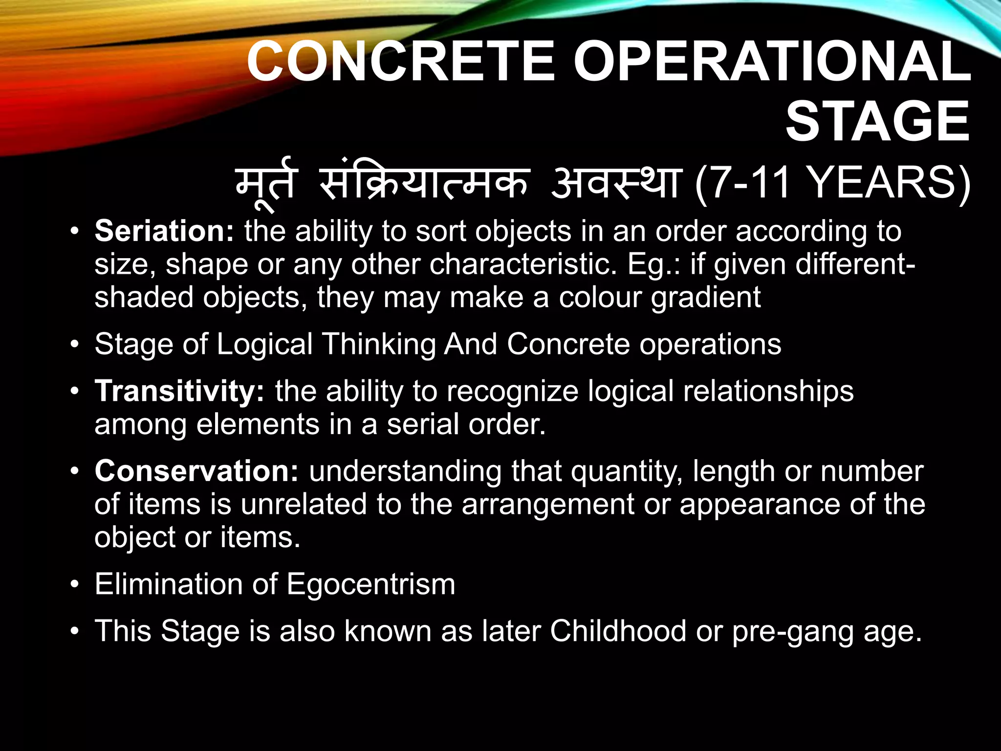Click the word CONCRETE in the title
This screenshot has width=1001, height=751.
pyautogui.click(x=401, y=62)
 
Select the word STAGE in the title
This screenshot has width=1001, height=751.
pyautogui.click(x=877, y=122)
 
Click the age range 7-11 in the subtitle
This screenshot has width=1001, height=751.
pyautogui.click(x=750, y=183)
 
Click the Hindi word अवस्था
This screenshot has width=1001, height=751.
pyautogui.click(x=615, y=183)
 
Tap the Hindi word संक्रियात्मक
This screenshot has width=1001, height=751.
pyautogui.click(x=424, y=183)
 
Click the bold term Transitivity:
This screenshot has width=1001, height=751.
pyautogui.click(x=179, y=391)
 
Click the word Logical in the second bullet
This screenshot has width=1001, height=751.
pyautogui.click(x=264, y=344)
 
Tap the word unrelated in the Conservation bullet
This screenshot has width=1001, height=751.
pyautogui.click(x=304, y=504)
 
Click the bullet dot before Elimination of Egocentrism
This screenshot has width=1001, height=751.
pyautogui.click(x=74, y=584)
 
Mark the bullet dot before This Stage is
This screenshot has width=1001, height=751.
pyautogui.click(x=74, y=631)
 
